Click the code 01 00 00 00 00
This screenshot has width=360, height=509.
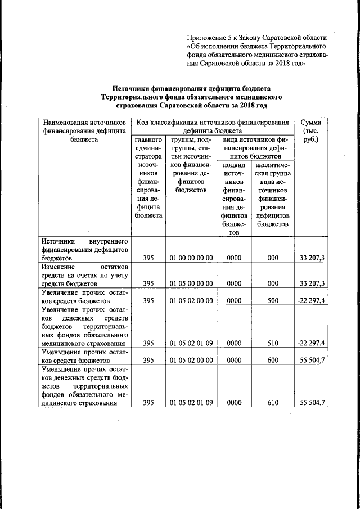191,258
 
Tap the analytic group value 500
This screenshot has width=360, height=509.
273,300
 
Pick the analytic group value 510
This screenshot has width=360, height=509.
273,343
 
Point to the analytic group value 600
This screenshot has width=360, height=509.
273,359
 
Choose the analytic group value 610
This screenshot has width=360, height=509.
273,402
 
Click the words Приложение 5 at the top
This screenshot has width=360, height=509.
212,36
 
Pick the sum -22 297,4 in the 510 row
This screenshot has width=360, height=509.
311,343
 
